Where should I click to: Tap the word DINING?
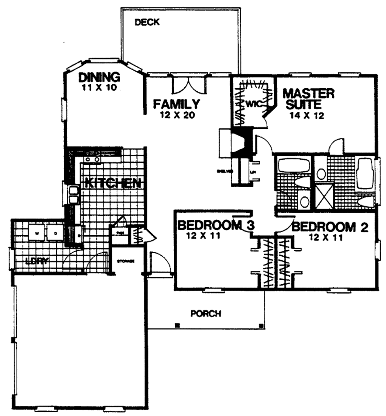pyautogui.click(x=99, y=77)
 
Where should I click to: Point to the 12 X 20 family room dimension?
pyautogui.click(x=176, y=116)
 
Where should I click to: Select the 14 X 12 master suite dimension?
pyautogui.click(x=307, y=116)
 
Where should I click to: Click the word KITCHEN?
pyautogui.click(x=113, y=183)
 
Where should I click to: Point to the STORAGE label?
pyautogui.click(x=126, y=261)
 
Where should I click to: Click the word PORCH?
pyautogui.click(x=205, y=314)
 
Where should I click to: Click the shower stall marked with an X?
pyautogui.click(x=324, y=195)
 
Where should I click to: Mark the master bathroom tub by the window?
pyautogui.click(x=365, y=174)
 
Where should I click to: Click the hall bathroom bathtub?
pyautogui.click(x=294, y=166)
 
